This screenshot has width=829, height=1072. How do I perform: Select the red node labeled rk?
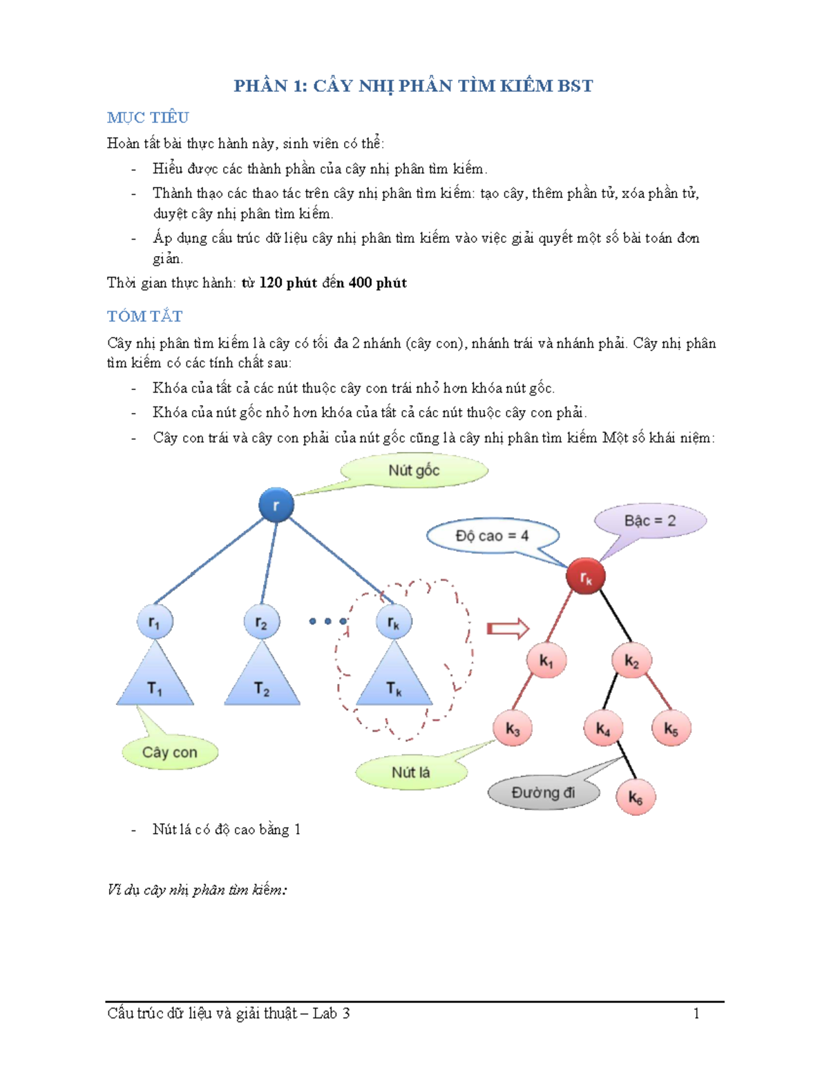click(x=585, y=576)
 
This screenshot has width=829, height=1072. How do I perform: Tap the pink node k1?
click(x=546, y=661)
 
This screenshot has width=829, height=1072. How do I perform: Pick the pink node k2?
click(x=631, y=661)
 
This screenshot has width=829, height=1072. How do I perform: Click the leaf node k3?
click(x=513, y=728)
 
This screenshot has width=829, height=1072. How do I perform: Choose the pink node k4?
click(x=603, y=728)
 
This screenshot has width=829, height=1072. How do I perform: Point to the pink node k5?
click(x=671, y=728)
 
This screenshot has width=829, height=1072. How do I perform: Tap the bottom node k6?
click(x=635, y=797)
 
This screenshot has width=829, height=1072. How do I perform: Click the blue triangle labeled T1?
click(x=155, y=680)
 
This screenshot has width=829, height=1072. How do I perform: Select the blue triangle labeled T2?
click(x=262, y=680)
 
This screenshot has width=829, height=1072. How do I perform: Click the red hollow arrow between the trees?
click(x=508, y=628)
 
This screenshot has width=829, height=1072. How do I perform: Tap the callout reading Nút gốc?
click(x=414, y=471)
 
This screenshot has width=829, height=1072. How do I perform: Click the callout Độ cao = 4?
click(x=492, y=536)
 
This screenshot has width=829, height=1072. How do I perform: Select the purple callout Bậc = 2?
click(x=649, y=520)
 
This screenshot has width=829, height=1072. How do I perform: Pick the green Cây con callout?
click(x=170, y=752)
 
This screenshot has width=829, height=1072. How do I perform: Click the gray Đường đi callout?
click(x=543, y=792)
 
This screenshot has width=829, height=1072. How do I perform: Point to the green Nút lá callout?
click(x=411, y=772)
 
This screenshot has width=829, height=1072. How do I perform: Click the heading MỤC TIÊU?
click(x=148, y=117)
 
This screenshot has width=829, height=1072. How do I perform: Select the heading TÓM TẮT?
click(x=145, y=316)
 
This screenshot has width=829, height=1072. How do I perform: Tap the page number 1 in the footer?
click(x=696, y=1013)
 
